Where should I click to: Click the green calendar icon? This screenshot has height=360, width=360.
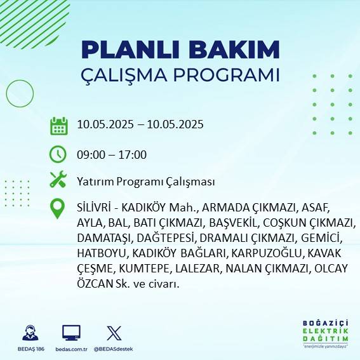(x=58, y=125)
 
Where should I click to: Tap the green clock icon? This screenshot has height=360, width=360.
(x=58, y=154)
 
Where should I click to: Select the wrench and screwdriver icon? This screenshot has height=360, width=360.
(x=58, y=180)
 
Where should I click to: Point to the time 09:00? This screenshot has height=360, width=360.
(x=90, y=154)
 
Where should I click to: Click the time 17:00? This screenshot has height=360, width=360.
(x=133, y=154)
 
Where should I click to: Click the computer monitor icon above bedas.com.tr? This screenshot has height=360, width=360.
(x=71, y=333)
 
